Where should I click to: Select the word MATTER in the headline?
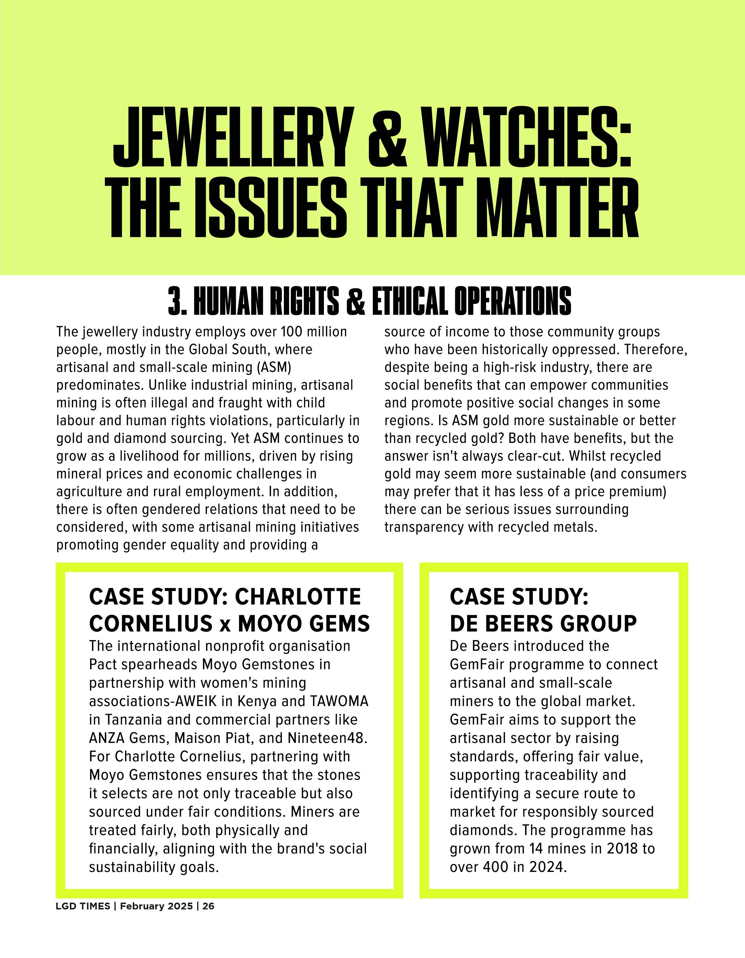tap(563, 207)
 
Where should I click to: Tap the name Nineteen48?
tap(327, 738)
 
